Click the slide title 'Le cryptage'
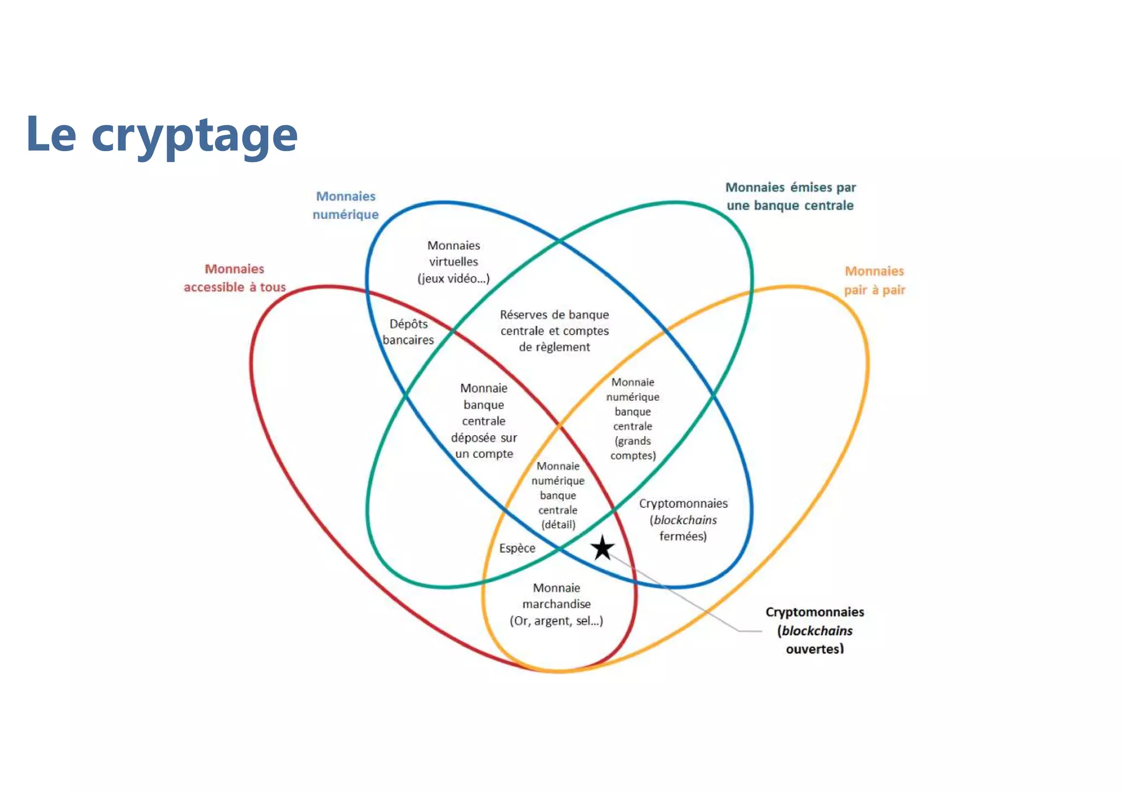(x=162, y=135)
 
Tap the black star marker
(x=603, y=548)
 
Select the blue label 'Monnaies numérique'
(x=346, y=205)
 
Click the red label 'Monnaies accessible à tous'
(x=234, y=278)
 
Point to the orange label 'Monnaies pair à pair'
(x=874, y=280)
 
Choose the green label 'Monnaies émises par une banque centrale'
(x=790, y=196)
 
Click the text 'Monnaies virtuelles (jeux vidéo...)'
(x=454, y=262)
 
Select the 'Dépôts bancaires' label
(x=408, y=332)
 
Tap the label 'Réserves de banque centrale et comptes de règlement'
(x=554, y=331)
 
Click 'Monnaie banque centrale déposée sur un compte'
(x=484, y=421)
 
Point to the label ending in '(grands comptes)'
(x=633, y=419)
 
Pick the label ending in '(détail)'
(x=558, y=495)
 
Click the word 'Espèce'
(x=517, y=548)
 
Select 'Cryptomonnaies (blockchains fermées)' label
(x=683, y=520)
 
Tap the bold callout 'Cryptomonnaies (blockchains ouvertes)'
(x=815, y=630)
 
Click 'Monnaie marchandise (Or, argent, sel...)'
(x=557, y=604)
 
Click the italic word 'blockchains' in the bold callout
(x=817, y=631)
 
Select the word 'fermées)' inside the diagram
(x=683, y=536)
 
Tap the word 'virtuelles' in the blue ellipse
(x=454, y=262)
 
